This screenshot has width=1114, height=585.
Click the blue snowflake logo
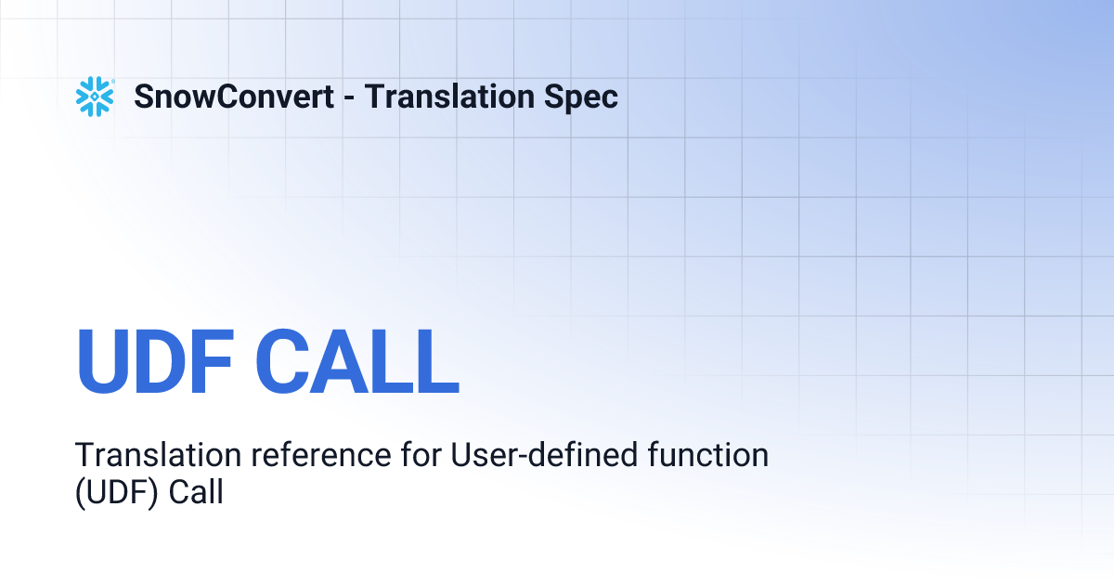point(94,97)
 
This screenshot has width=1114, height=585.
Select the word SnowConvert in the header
point(234,97)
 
